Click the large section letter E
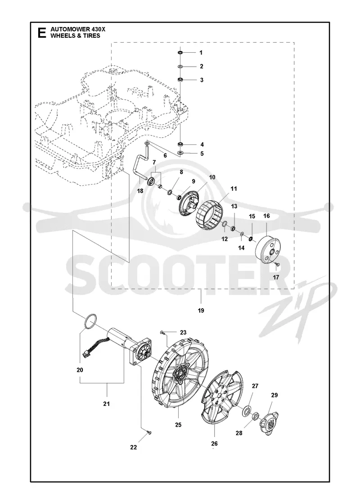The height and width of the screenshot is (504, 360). (41, 33)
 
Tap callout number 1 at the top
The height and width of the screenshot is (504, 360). (201, 53)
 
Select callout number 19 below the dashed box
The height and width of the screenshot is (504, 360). (201, 310)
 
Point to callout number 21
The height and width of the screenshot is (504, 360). (106, 404)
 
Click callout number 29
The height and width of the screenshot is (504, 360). (274, 396)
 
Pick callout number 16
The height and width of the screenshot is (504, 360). (266, 216)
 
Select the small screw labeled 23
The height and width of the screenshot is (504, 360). (162, 332)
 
